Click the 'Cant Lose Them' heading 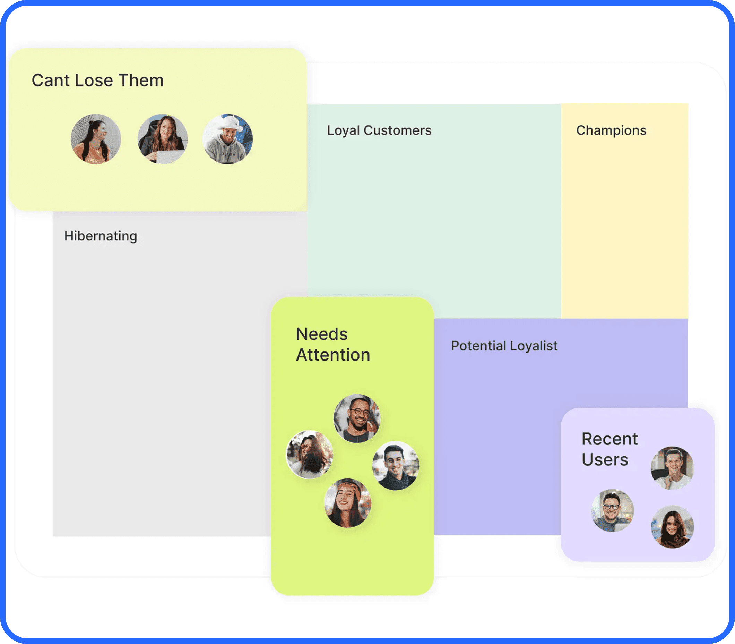tap(98, 80)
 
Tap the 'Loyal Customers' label tap(379, 130)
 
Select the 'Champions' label tap(611, 130)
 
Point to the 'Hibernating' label tap(101, 236)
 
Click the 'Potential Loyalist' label tap(504, 346)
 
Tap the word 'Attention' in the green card tap(333, 355)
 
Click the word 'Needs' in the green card tap(322, 334)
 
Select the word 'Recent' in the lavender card tap(609, 439)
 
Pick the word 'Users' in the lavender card tap(605, 460)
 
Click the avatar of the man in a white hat tap(228, 139)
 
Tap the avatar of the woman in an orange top tap(95, 139)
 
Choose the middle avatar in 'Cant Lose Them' tap(163, 139)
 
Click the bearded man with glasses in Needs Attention tap(357, 418)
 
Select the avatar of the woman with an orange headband tap(348, 503)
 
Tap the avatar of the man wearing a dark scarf tap(396, 466)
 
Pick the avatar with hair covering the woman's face tap(310, 455)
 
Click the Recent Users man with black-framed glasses tap(613, 511)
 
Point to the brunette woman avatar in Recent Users tap(673, 527)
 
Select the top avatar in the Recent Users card tap(673, 468)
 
